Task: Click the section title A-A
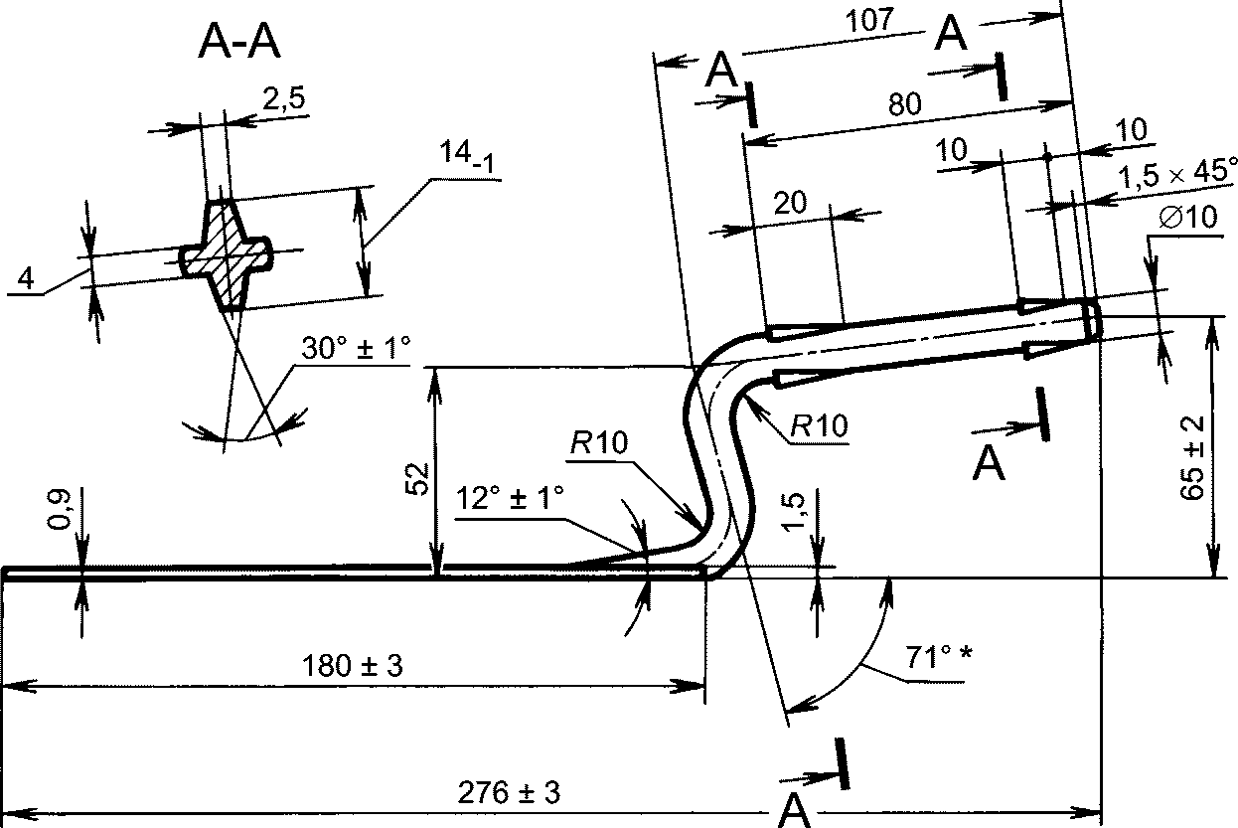239,42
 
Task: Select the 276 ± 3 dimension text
509,792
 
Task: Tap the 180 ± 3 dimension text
353,666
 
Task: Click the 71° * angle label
939,657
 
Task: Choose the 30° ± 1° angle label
357,348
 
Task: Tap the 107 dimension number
869,21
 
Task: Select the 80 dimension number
905,104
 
